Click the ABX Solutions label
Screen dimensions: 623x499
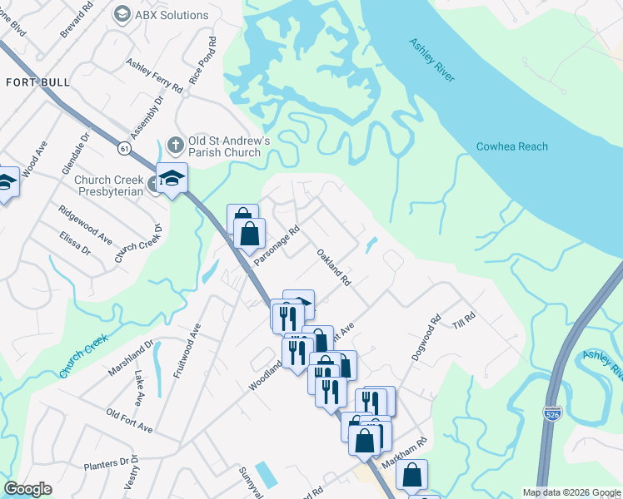173,15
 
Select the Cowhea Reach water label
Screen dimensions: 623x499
512,147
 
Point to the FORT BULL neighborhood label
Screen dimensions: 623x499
37,82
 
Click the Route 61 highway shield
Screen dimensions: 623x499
124,148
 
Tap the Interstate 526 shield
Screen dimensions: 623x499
552,413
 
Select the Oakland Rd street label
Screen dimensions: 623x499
333,268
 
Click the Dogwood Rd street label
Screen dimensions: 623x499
425,336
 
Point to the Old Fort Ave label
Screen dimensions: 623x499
129,420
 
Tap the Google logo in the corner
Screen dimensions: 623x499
27,489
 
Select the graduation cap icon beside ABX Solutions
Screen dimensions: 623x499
122,15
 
